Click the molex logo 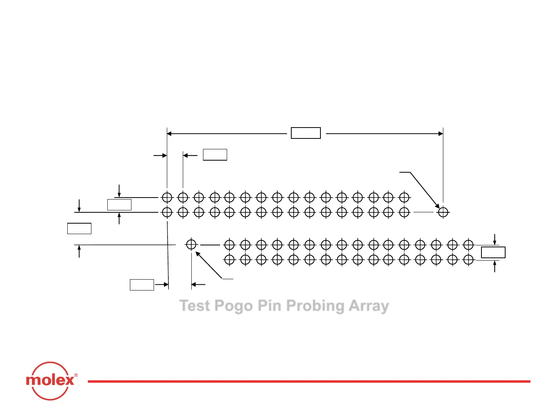(51, 380)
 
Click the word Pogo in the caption (233, 306)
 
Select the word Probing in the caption (315, 306)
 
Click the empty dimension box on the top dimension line (306, 133)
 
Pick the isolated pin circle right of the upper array (443, 212)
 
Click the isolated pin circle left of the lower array (191, 245)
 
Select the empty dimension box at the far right (493, 252)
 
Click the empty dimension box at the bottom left (142, 285)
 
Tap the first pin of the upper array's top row (167, 198)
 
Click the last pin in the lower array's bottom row (468, 259)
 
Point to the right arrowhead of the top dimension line (441, 134)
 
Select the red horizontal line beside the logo (309, 381)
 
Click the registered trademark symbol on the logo (76, 375)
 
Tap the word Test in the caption (194, 306)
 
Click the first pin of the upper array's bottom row (167, 212)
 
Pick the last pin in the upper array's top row (404, 198)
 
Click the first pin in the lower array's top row (229, 245)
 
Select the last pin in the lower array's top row (468, 245)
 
